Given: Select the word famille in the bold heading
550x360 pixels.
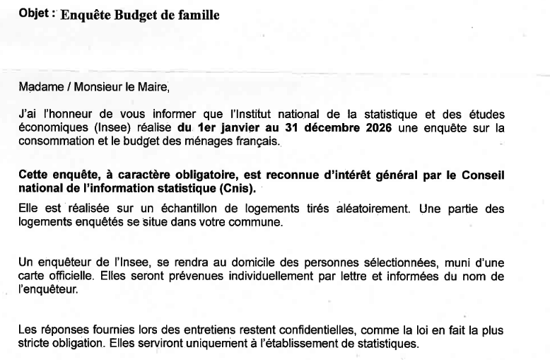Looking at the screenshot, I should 197,16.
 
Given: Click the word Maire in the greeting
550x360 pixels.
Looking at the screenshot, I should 155,88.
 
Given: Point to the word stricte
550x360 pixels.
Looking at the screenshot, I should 35,344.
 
